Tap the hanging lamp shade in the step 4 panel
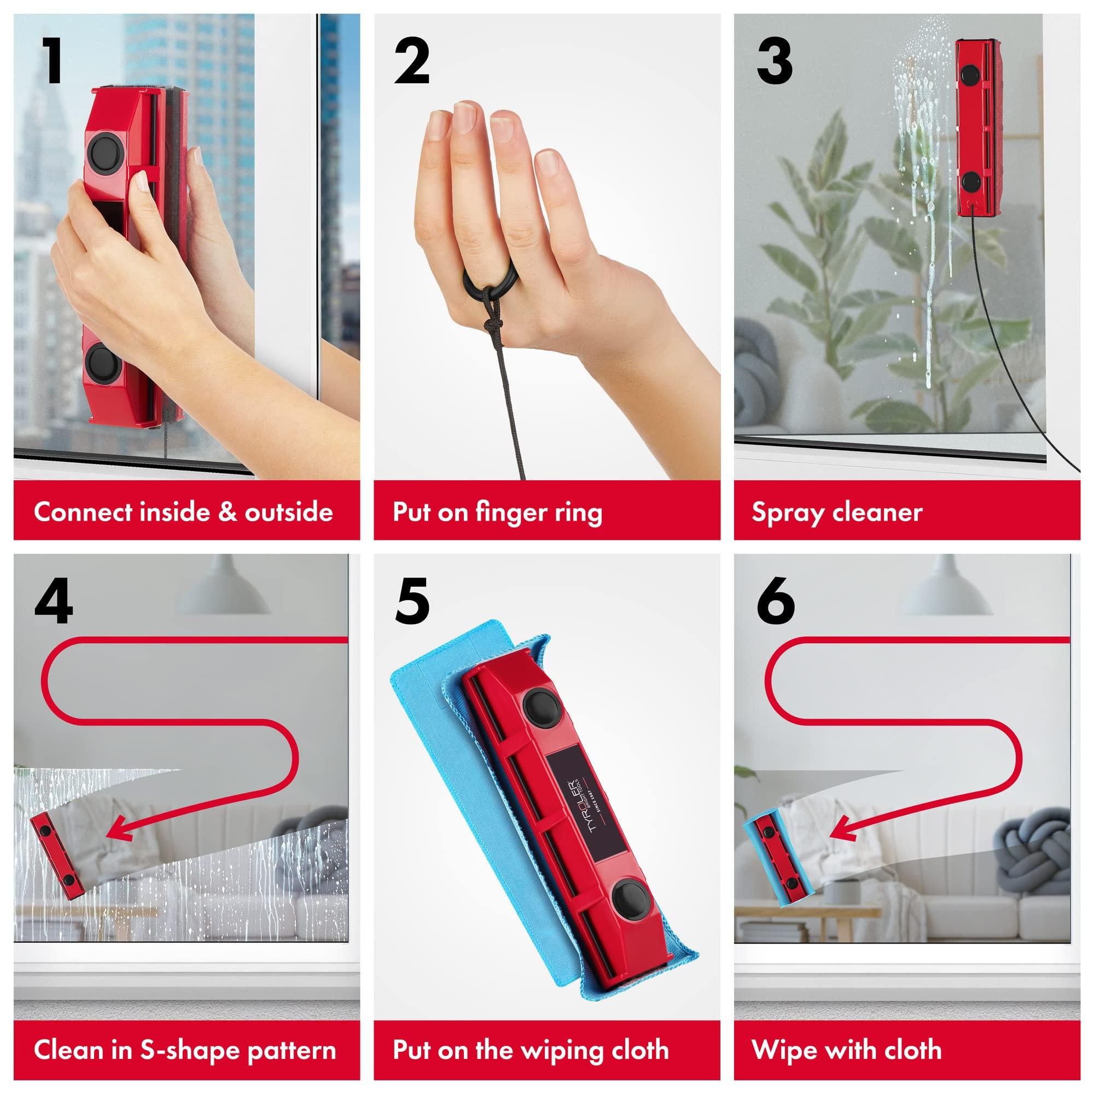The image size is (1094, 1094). click(226, 589)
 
